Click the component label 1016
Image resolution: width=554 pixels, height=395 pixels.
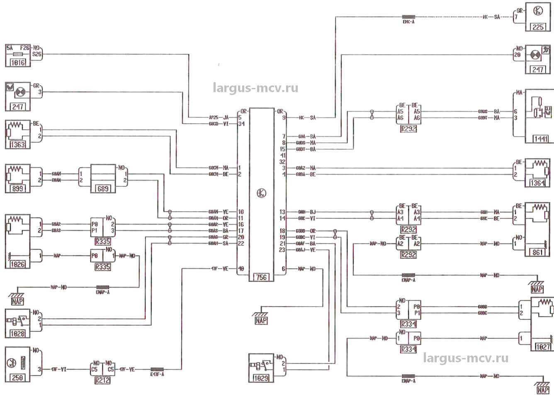[x=17, y=63]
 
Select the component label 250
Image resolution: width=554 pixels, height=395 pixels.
[x=17, y=378]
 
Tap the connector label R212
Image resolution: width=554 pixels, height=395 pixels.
[x=102, y=379]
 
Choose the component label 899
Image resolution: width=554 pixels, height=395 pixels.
[x=17, y=189]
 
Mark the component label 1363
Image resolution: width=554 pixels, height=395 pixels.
[x=17, y=145]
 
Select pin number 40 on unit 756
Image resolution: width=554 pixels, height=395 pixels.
[x=241, y=268]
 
